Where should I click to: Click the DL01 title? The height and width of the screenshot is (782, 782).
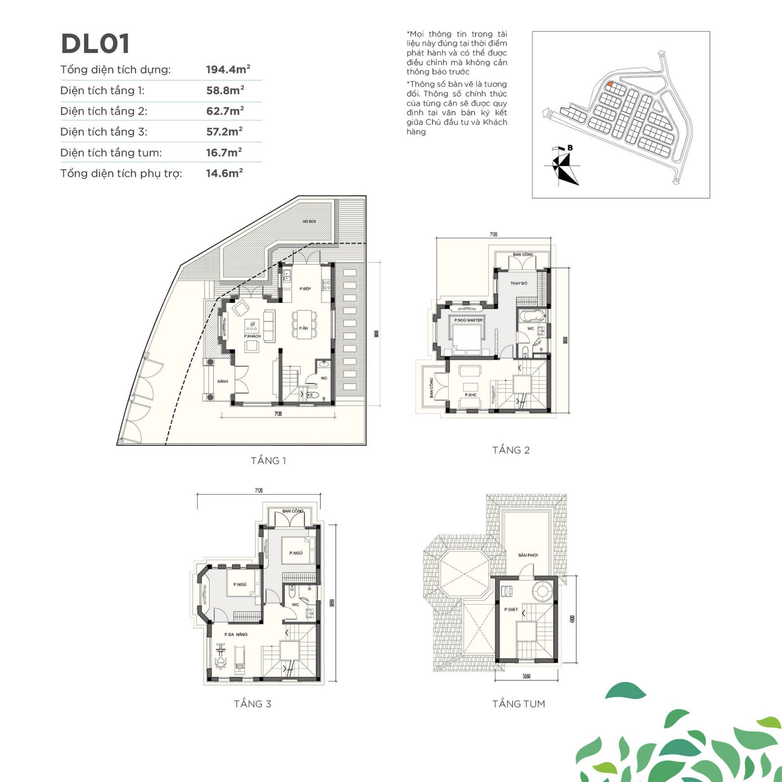pos(95,43)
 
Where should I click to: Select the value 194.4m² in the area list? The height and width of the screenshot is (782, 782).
pos(228,69)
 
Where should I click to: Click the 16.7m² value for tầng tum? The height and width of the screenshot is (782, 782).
pos(224,152)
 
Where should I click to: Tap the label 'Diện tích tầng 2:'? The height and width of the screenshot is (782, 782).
pos(104,111)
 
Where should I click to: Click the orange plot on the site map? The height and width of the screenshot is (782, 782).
pos(610,84)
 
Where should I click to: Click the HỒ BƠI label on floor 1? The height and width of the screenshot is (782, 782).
pos(309,221)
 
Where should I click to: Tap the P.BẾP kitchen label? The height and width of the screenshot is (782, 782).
pos(305,289)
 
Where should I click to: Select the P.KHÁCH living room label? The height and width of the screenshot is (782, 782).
pos(252,336)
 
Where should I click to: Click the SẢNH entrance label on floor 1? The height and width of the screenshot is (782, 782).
pos(222,381)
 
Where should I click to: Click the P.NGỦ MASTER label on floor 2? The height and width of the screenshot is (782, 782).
pos(468,320)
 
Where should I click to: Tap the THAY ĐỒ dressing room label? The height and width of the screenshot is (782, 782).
pos(519,283)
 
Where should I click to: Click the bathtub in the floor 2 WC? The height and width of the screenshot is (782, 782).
pos(531,315)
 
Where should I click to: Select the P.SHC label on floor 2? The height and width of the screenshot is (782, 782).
pos(470,395)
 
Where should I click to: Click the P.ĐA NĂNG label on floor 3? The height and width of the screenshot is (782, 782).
pos(236,634)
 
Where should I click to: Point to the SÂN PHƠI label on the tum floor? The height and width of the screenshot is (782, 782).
pos(528,555)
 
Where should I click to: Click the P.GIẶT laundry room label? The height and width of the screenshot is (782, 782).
pos(511,609)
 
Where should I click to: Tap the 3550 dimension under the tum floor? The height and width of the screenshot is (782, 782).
pos(526,676)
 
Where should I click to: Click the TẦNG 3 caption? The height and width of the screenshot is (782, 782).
pos(252,704)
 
